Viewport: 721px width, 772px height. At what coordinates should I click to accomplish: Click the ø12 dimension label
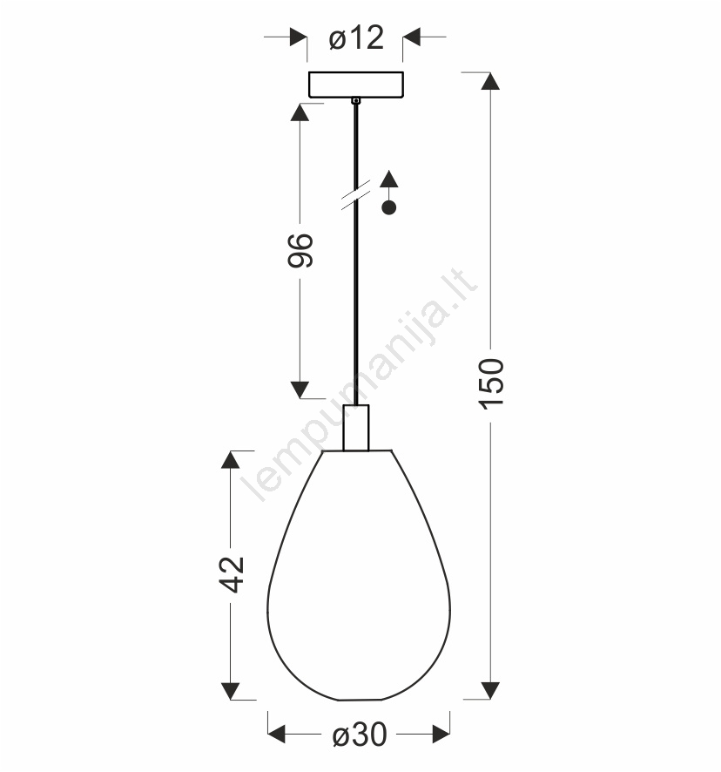pyautogui.click(x=356, y=38)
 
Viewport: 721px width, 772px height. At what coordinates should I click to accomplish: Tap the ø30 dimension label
pyautogui.click(x=360, y=735)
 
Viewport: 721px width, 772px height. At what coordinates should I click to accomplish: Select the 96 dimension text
pyautogui.click(x=300, y=251)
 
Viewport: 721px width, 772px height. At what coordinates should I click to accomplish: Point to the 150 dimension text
pyautogui.click(x=491, y=384)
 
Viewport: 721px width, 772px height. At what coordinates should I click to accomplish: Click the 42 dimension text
pyautogui.click(x=232, y=574)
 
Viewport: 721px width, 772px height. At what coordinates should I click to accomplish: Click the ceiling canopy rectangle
pyautogui.click(x=356, y=85)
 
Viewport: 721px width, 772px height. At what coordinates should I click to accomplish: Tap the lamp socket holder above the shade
pyautogui.click(x=356, y=427)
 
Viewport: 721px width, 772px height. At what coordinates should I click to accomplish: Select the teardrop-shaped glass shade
pyautogui.click(x=358, y=574)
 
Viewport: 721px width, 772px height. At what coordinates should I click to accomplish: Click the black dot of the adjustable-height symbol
pyautogui.click(x=388, y=207)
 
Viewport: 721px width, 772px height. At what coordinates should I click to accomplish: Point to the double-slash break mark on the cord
pyautogui.click(x=356, y=195)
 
